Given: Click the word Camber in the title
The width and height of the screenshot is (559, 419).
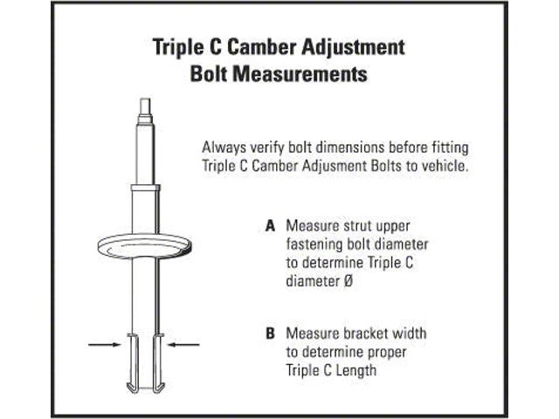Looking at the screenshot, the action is pos(262,47).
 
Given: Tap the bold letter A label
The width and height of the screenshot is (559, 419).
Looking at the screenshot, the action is pos(270,226).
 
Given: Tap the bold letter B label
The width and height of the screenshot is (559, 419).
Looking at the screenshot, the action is pos(270,333).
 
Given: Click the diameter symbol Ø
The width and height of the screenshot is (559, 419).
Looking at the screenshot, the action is pos(349,281).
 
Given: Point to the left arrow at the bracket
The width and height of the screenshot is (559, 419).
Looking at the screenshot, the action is pos(105,344).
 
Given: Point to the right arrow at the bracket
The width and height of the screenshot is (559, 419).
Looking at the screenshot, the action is pos(183,344).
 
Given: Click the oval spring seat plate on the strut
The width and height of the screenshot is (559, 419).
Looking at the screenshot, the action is pos(144,246).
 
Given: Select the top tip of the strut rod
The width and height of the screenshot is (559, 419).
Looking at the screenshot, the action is pos(145,99).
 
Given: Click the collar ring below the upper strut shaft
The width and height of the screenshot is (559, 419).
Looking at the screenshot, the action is pos(145,188).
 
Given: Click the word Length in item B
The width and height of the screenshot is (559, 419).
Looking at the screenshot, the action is pos(355,370).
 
